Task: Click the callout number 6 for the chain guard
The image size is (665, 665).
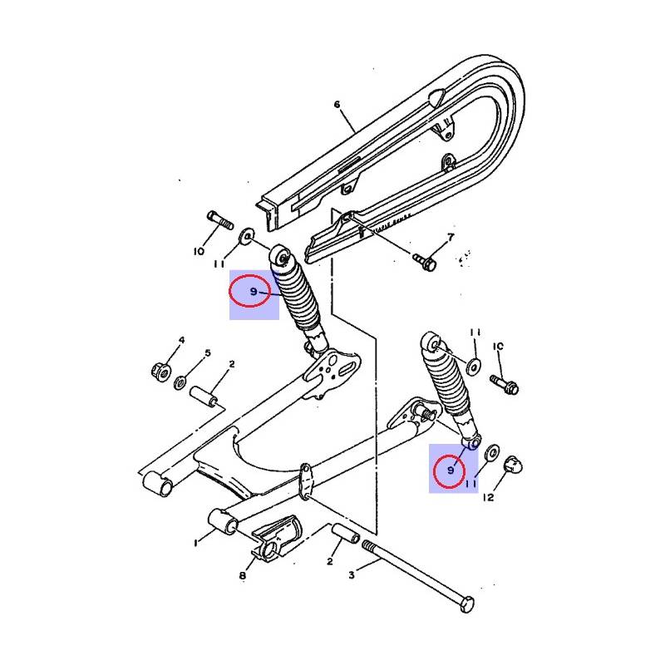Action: tap(337, 105)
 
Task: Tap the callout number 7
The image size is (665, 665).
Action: tap(451, 237)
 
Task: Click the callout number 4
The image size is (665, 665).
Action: tap(181, 340)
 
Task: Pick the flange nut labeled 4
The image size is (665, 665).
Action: tap(161, 372)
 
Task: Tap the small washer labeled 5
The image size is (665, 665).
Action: tap(180, 383)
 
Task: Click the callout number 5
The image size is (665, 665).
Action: tap(207, 352)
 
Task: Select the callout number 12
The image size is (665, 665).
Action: tap(489, 497)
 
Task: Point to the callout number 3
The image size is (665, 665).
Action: tap(351, 575)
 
